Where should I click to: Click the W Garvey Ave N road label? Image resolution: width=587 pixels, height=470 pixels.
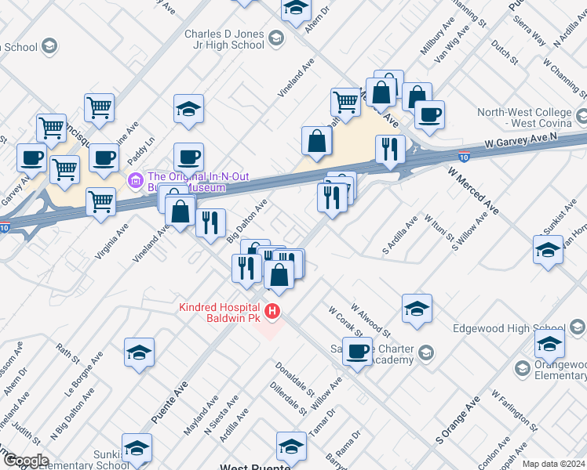pos(526,141)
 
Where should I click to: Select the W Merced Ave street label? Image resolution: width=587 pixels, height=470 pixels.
pos(474,190)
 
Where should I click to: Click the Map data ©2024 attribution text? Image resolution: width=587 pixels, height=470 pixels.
pos(553,464)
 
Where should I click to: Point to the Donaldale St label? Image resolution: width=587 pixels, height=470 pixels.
pos(295,380)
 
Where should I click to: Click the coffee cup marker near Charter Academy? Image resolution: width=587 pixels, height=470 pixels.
pos(358,352)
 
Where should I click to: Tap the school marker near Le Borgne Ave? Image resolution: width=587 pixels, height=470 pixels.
pos(139,352)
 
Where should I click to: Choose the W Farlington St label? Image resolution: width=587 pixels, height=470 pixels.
pos(514,410)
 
